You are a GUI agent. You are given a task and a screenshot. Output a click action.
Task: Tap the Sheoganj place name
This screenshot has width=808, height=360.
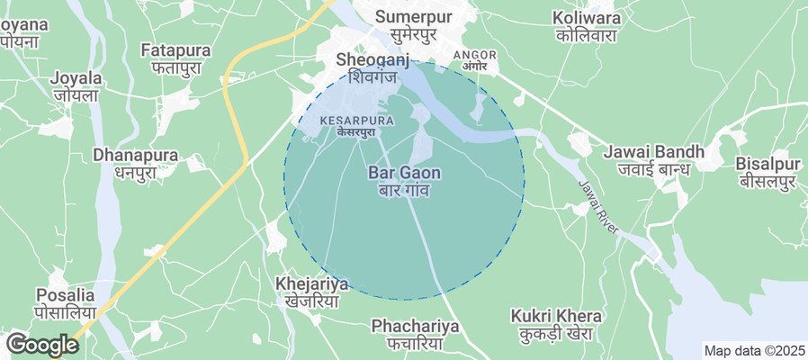372,60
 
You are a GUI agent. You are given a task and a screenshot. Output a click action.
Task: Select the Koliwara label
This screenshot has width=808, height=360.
588,17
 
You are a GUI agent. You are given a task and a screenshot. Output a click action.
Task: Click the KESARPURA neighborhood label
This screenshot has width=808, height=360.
355,120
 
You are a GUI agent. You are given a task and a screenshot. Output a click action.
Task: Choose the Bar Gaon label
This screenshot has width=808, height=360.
404,172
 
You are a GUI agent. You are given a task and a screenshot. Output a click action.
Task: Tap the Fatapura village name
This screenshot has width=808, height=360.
175,51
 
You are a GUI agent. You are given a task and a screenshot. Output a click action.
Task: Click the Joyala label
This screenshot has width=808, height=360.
75,78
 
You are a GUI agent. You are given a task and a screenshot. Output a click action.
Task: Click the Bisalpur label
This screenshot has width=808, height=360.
768,165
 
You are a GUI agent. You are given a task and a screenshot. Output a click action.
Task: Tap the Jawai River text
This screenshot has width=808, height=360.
599,208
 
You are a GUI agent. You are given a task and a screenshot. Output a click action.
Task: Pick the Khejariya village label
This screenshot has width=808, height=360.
311,285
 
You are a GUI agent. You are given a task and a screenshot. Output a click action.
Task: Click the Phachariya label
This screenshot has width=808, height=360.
415,325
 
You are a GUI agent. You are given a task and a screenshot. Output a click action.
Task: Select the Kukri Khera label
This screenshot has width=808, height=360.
555,316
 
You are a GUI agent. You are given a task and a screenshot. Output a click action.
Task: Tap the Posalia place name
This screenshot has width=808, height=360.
66,295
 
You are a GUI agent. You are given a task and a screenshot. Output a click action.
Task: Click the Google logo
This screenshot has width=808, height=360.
41,344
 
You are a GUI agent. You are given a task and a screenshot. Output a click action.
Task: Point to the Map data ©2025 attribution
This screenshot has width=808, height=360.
754,350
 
